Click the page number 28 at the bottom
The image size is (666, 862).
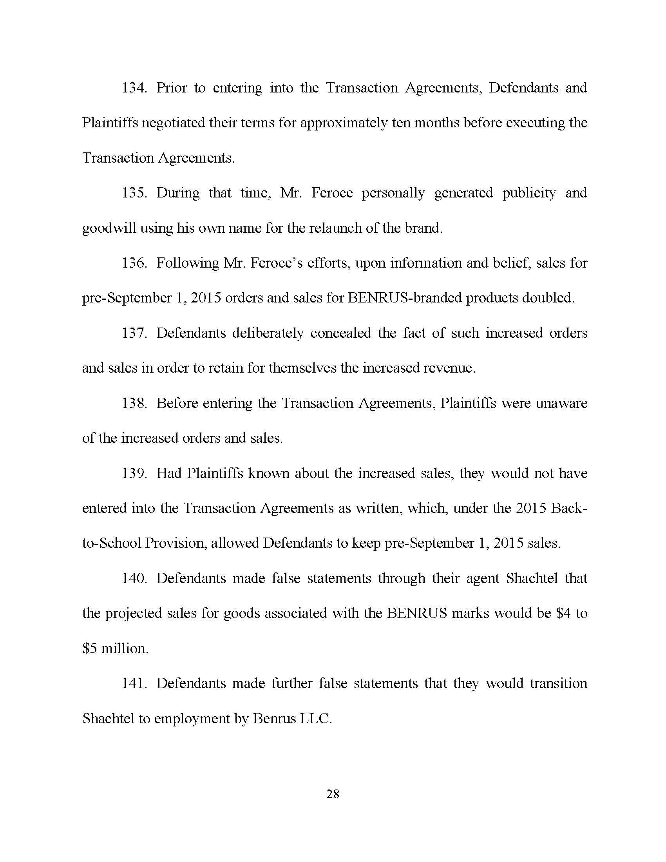(x=333, y=794)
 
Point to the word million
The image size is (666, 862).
(x=125, y=649)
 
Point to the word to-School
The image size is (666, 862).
(x=112, y=543)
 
